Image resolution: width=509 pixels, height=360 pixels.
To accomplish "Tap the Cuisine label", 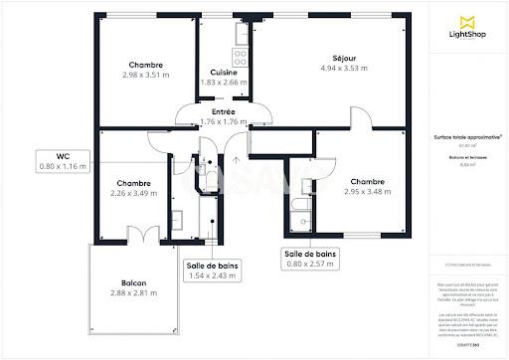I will coord(224,73).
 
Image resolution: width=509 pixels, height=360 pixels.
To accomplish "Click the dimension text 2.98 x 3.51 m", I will coord(145,75).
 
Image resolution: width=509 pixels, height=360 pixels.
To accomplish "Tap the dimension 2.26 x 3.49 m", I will coord(132,193).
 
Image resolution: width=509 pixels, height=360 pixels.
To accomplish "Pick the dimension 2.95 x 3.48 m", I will coord(367,192).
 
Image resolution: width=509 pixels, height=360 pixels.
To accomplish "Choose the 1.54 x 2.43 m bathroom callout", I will coord(212,270).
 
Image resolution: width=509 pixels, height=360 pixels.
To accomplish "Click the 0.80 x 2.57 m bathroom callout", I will coord(309,260).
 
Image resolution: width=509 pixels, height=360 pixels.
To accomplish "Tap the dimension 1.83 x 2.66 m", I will coord(224,83).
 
